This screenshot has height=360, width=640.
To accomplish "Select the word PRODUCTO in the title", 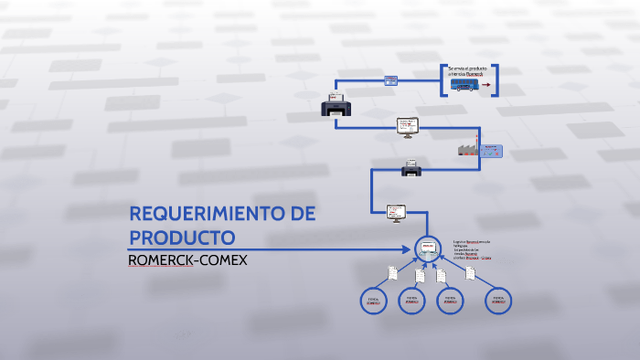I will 182,238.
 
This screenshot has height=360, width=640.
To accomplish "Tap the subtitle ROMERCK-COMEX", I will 187,259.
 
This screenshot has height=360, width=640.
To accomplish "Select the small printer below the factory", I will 411,167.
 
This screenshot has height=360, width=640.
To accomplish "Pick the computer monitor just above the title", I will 396,212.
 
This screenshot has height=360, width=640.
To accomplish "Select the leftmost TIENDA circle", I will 373,301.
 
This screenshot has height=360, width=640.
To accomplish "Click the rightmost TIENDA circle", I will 497,301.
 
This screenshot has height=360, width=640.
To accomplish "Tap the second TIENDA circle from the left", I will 411,301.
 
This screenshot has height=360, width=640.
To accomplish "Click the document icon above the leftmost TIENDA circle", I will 392,272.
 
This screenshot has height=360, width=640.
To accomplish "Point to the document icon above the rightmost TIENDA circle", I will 470,272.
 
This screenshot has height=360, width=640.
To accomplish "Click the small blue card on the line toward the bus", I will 390,80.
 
